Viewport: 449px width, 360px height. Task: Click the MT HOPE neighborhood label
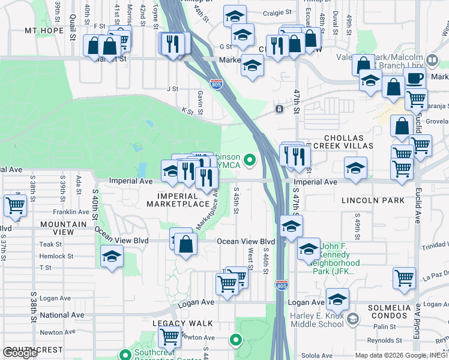44,30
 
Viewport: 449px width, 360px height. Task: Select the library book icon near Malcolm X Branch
431,59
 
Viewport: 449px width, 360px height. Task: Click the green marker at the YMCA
252,160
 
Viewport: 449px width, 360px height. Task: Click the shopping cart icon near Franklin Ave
15,206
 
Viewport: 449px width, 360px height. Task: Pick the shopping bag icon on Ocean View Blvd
186,244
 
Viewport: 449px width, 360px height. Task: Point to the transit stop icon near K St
279,109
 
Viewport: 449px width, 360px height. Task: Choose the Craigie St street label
278,12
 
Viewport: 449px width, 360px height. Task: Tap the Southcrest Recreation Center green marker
125,355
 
